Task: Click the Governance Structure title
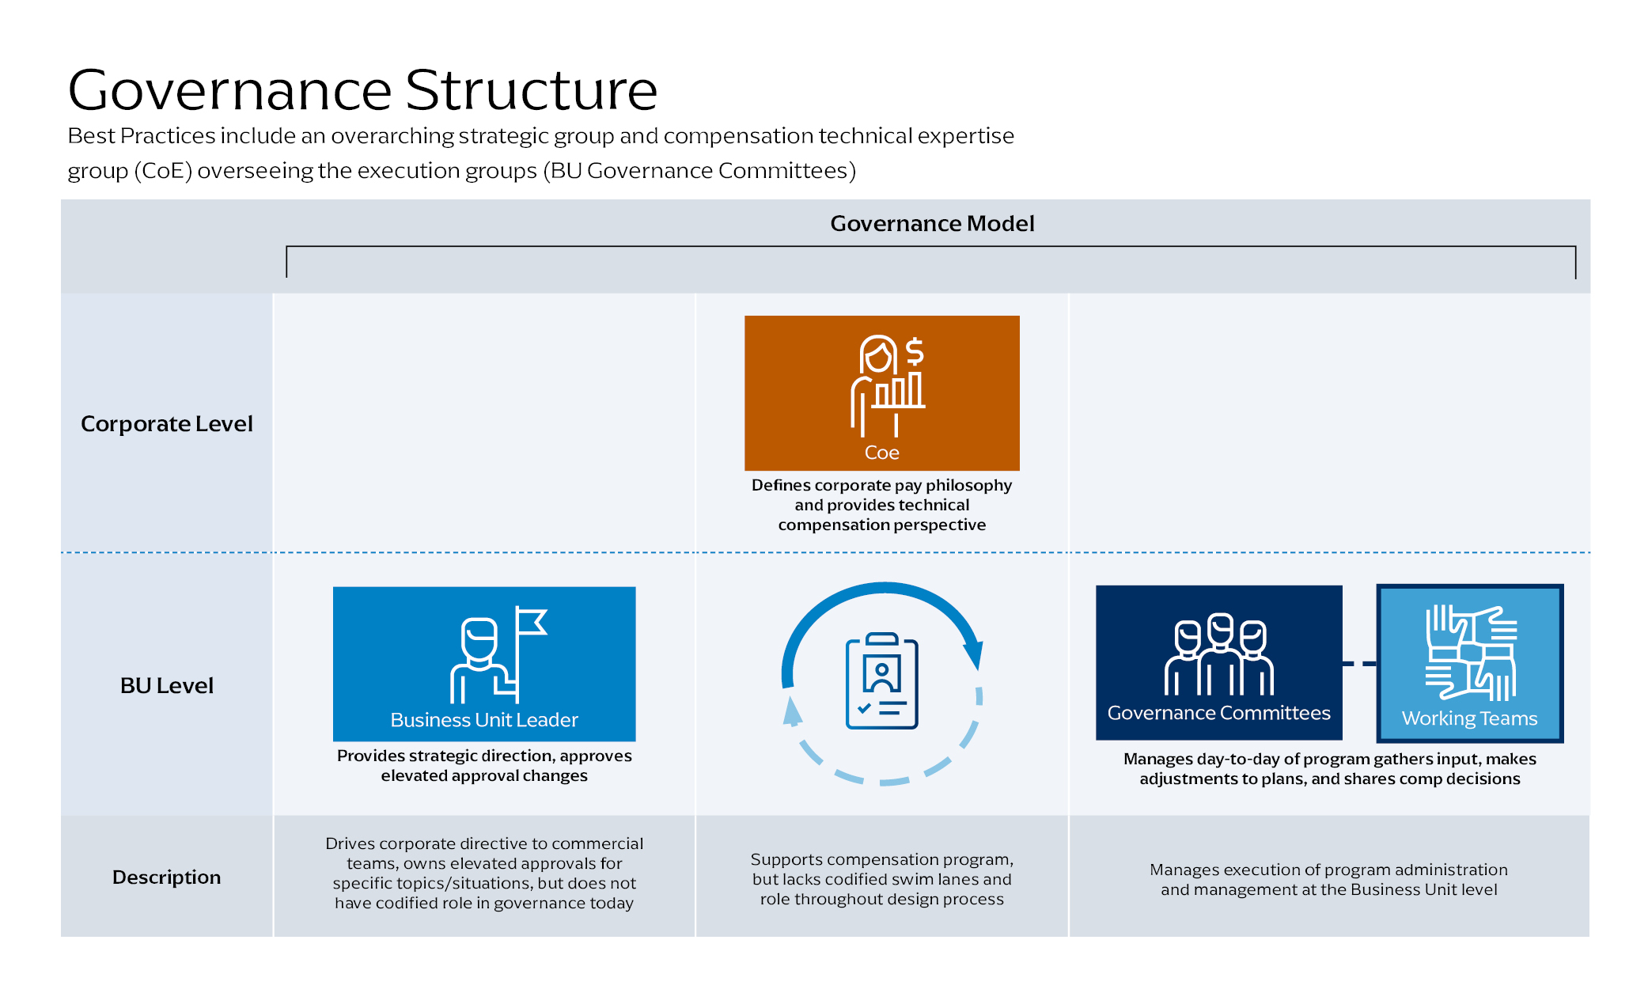[362, 90]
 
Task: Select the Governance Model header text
[932, 224]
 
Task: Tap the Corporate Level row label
[167, 424]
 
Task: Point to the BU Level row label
[167, 686]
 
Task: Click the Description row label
[166, 877]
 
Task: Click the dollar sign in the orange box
[915, 351]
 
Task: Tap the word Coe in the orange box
[881, 453]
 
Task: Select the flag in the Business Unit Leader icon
[531, 622]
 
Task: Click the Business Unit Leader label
[484, 720]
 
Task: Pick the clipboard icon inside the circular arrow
[881, 680]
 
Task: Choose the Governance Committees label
[1218, 713]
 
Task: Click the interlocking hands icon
[1471, 653]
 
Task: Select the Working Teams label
[1469, 718]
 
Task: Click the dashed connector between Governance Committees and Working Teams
[1359, 664]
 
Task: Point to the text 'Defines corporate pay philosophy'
[881, 485]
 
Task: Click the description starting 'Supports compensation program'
[881, 879]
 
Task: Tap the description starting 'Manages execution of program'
[1328, 879]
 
